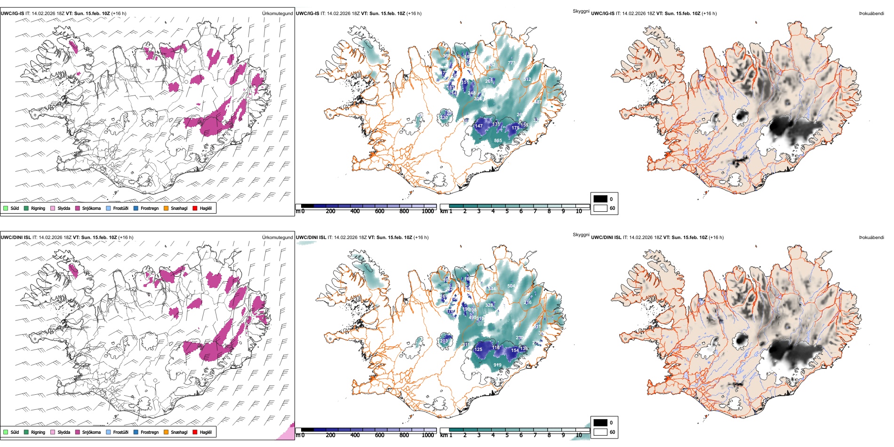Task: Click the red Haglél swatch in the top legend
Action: pos(195,208)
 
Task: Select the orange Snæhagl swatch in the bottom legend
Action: pos(166,432)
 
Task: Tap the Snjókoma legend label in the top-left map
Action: pos(91,208)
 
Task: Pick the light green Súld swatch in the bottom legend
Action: pos(6,432)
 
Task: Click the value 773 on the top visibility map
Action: pos(511,63)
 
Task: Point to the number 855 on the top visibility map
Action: pos(498,141)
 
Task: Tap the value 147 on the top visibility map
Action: pos(479,126)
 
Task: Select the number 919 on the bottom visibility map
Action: pos(497,365)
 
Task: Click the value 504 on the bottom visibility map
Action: pos(511,286)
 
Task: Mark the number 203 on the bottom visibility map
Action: pos(444,341)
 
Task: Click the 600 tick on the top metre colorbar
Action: pos(380,211)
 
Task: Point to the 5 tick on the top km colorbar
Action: pos(507,211)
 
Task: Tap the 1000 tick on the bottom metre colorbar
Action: pos(428,435)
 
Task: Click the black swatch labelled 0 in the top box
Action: pos(600,199)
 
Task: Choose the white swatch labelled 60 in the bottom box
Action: pos(600,432)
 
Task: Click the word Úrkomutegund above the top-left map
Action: pos(277,14)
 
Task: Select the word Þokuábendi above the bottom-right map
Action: pos(871,238)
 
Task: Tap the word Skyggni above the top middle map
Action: pos(581,11)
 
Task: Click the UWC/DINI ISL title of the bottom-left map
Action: pos(16,238)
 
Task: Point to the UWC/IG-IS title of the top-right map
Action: pos(603,14)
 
